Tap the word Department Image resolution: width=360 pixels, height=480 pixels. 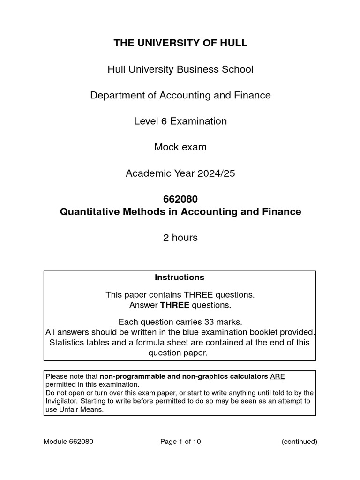(117, 95)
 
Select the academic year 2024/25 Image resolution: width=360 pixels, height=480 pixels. (212, 173)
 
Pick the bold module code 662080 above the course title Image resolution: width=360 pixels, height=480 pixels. (180, 199)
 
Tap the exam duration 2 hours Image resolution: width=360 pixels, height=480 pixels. (180, 238)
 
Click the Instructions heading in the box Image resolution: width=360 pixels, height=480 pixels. (180, 277)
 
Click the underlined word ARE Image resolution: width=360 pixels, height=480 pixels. (277, 376)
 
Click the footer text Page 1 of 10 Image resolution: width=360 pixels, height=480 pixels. (180, 442)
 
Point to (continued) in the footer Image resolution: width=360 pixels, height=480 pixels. (300, 442)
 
